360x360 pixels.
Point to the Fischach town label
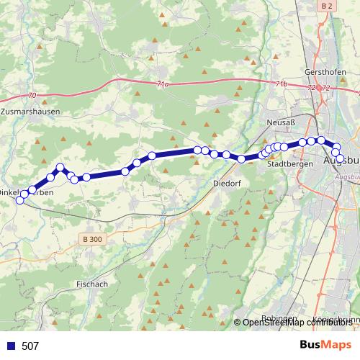pyautogui.click(x=91, y=284)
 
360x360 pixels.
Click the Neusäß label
pyautogui.click(x=282, y=123)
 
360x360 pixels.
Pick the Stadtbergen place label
pyautogui.click(x=289, y=163)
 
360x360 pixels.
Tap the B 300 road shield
pyautogui.click(x=91, y=239)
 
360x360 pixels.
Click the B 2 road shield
pyautogui.click(x=328, y=6)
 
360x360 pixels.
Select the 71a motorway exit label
pyautogui.click(x=163, y=84)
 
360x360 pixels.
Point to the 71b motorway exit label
pyautogui.click(x=282, y=84)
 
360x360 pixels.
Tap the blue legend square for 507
pyautogui.click(x=11, y=346)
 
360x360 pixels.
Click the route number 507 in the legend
pyautogui.click(x=30, y=346)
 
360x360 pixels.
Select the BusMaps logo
pyautogui.click(x=325, y=345)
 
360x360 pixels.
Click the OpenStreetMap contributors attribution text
pyautogui.click(x=298, y=323)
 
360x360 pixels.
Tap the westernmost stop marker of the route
pyautogui.click(x=19, y=201)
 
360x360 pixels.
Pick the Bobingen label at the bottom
pyautogui.click(x=279, y=318)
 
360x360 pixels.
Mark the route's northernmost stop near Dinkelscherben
pyautogui.click(x=60, y=168)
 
